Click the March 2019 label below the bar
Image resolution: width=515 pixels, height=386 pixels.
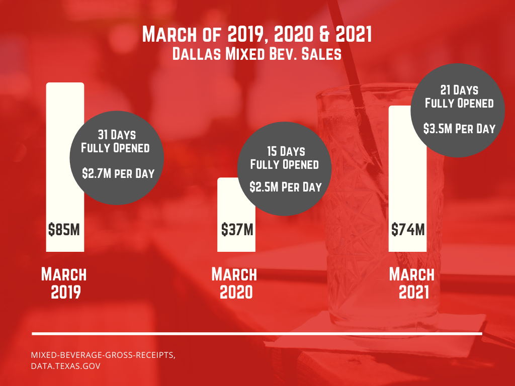click(x=64, y=283)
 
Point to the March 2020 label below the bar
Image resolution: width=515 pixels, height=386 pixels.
click(x=234, y=283)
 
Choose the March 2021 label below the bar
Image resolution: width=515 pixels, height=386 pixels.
click(x=412, y=283)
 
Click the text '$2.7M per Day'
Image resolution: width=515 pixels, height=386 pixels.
click(x=118, y=173)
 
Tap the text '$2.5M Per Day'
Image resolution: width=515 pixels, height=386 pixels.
click(x=285, y=187)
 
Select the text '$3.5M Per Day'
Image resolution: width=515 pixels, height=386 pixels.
click(x=460, y=128)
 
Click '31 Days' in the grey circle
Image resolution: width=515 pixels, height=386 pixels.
click(x=116, y=135)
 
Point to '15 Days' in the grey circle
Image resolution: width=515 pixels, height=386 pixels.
click(x=284, y=151)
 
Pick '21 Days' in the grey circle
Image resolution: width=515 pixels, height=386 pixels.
click(x=459, y=90)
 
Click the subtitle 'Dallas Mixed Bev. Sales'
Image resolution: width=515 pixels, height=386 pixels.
click(x=257, y=54)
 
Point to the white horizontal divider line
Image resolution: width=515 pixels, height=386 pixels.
click(x=257, y=333)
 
